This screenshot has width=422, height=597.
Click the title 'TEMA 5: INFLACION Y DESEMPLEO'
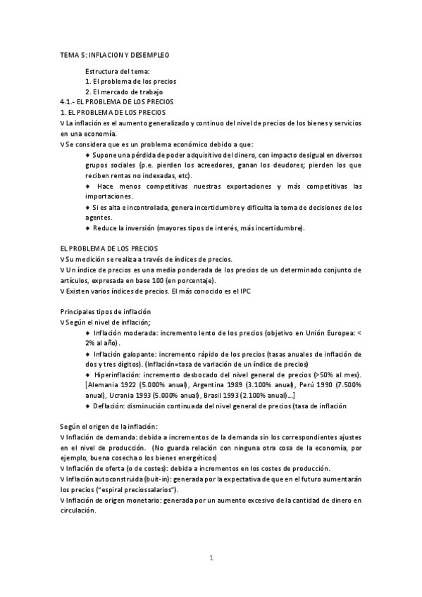click(x=114, y=54)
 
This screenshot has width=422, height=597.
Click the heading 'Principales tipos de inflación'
click(x=106, y=311)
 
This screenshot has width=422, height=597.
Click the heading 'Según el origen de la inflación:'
click(x=109, y=427)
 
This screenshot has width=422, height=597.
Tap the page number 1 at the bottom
click(x=211, y=558)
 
